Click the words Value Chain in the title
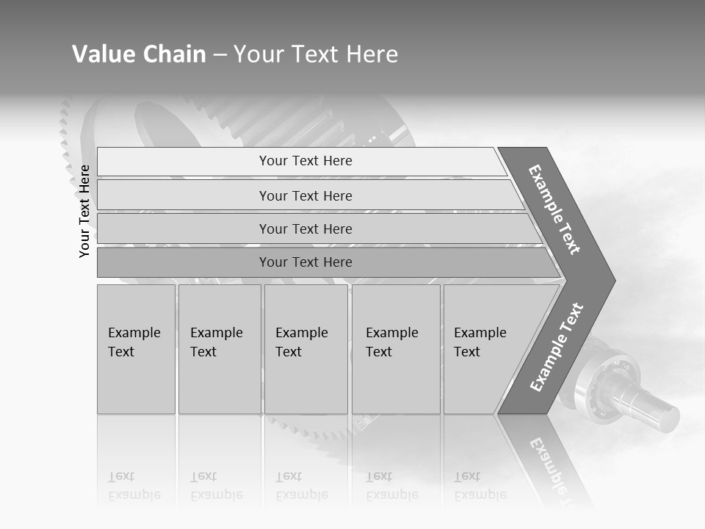click(139, 54)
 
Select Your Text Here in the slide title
click(316, 54)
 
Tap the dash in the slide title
click(220, 55)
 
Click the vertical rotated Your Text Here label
click(85, 211)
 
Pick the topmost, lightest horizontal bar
click(301, 161)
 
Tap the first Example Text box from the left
click(136, 349)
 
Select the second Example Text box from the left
click(220, 349)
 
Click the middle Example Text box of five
click(305, 349)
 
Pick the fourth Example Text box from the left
click(396, 349)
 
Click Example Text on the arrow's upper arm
click(555, 209)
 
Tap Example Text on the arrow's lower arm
click(557, 347)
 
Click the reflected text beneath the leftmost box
click(134, 486)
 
